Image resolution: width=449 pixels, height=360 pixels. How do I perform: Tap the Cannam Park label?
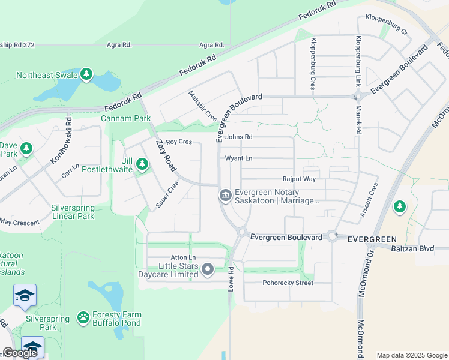pyautogui.click(x=125, y=118)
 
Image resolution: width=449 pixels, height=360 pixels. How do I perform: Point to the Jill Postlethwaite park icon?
pyautogui.click(x=142, y=163)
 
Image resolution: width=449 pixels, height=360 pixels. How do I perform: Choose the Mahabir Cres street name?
pyautogui.click(x=202, y=106)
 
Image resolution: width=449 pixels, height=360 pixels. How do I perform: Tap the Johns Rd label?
pyautogui.click(x=239, y=137)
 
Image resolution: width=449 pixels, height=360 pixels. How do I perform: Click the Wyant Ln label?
pyautogui.click(x=238, y=158)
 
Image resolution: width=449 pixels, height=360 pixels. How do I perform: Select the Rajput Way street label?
pyautogui.click(x=299, y=179)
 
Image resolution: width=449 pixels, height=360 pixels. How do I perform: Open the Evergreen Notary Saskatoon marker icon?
pyautogui.click(x=225, y=194)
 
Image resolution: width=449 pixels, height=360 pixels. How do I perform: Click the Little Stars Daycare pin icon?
pyautogui.click(x=208, y=269)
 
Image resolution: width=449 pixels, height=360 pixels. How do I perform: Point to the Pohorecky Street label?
pyautogui.click(x=288, y=283)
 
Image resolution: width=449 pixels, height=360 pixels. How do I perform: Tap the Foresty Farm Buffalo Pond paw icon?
pyautogui.click(x=83, y=317)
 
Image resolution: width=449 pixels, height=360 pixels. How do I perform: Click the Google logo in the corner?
pyautogui.click(x=19, y=353)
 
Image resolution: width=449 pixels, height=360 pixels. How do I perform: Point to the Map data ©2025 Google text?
pyautogui.click(x=411, y=355)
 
